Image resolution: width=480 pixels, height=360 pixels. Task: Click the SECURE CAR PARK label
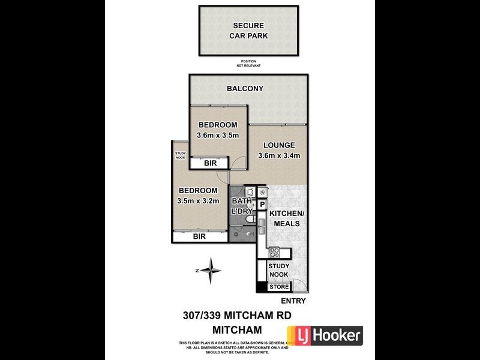250,31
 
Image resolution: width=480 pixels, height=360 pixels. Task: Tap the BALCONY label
245,89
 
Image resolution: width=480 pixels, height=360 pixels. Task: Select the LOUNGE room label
278,145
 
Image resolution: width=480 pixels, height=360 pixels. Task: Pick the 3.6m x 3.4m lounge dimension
278,156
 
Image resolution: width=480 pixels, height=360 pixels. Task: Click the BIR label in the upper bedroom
210,163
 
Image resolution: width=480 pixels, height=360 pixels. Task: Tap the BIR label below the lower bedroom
199,237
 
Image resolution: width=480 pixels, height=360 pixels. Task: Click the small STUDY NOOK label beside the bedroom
181,155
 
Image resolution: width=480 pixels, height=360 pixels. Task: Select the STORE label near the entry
278,287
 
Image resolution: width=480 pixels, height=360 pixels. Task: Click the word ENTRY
293,301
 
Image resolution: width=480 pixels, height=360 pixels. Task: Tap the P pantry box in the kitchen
262,205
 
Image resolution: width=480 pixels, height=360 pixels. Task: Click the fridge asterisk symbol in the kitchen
262,192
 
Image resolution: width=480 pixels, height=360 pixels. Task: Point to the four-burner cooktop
274,253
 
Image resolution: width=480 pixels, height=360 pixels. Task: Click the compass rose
210,271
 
